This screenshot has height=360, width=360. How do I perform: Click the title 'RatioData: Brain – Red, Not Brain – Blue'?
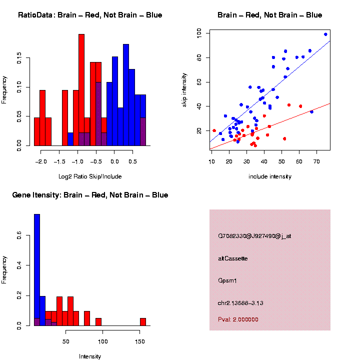pos(90,15)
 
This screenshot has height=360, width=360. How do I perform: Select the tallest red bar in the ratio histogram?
pos(81,90)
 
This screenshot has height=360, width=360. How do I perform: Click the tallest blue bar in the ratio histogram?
pos(126,95)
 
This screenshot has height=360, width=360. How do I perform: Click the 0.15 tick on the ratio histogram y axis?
pos(19,59)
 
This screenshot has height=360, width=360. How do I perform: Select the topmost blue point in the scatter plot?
pos(325,34)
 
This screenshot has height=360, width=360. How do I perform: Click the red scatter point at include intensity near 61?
pos(300,106)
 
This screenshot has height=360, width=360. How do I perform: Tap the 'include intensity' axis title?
pos(270,176)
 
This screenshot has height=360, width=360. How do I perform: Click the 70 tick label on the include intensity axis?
pos(316,161)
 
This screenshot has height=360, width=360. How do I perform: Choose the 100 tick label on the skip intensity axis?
pos(198,33)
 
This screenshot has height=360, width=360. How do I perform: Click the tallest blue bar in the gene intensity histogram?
pos(37,270)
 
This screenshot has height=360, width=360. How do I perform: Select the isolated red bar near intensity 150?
pos(143,322)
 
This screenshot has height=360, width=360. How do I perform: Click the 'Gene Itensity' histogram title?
pos(90,195)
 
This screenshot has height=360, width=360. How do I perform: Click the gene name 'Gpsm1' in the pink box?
pos(227,281)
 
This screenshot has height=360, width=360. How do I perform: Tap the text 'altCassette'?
pos(233,258)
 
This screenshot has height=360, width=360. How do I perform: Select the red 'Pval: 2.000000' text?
pos(238,319)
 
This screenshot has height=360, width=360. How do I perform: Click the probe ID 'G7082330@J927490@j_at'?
pos(254,236)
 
